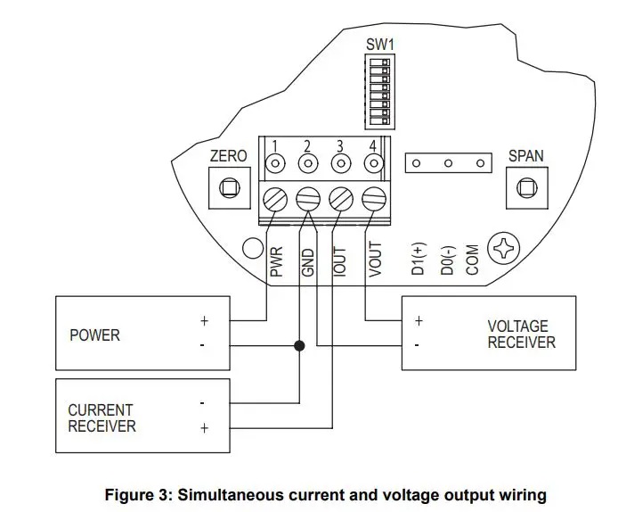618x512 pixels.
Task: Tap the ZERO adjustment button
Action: (228, 188)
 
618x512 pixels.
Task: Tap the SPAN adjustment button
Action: (525, 188)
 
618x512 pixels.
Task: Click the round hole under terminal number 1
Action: (276, 164)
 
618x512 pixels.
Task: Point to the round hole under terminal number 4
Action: (374, 164)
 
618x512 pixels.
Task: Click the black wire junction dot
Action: (300, 345)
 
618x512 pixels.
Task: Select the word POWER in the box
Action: (94, 335)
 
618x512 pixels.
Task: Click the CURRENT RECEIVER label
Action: (102, 417)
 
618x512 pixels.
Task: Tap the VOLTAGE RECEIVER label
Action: (521, 334)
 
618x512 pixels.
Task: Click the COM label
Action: (473, 260)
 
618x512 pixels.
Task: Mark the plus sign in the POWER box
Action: (204, 320)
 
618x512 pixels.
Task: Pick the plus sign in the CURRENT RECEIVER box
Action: (204, 428)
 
